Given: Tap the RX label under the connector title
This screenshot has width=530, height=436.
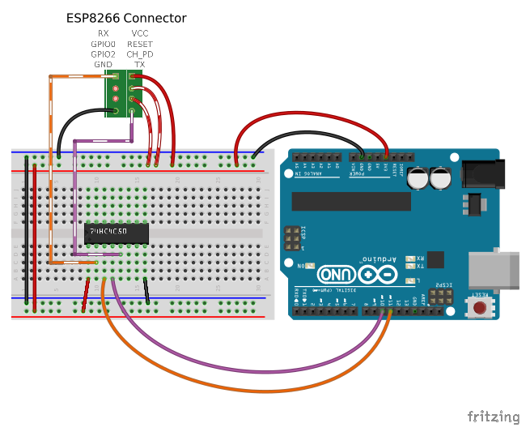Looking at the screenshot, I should point(103,33).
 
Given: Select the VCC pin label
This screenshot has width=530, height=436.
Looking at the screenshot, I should point(139,33).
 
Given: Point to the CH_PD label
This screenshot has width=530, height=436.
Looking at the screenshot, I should point(139,54).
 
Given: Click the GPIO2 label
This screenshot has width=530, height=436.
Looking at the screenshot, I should point(103,54).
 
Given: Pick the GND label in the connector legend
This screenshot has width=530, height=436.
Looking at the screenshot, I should point(103,64).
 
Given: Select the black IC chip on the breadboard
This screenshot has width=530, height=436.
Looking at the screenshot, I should point(117,233).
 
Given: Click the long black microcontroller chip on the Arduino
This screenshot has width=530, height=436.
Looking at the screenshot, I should point(351,201).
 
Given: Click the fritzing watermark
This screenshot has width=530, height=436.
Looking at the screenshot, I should point(494,417).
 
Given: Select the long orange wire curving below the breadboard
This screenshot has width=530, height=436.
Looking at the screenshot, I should point(243,389).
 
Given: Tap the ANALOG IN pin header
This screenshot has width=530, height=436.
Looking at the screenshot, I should point(318,155).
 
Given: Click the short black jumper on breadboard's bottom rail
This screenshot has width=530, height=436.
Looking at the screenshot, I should point(146,289).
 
